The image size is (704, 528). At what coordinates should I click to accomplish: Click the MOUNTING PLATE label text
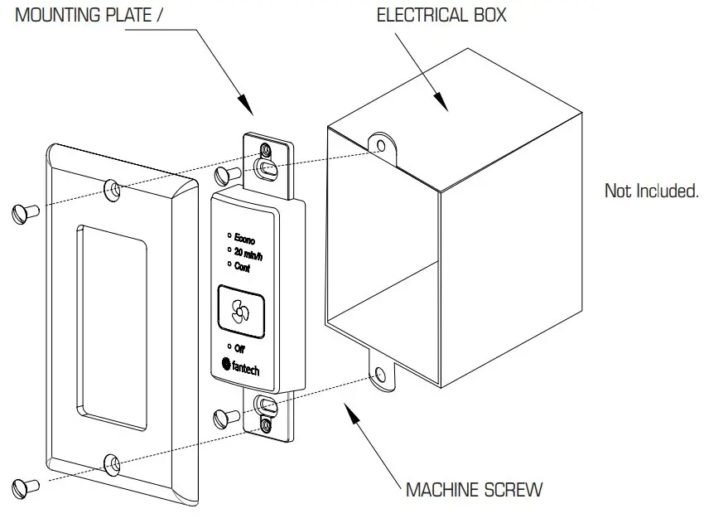click(x=83, y=15)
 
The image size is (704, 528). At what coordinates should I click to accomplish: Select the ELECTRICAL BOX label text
click(x=441, y=15)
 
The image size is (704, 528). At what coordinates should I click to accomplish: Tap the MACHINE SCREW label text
click(x=474, y=489)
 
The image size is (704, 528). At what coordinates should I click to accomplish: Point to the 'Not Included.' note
click(x=651, y=191)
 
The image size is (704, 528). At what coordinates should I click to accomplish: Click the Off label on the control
click(x=239, y=348)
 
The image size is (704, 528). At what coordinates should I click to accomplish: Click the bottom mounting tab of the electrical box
click(x=380, y=374)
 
